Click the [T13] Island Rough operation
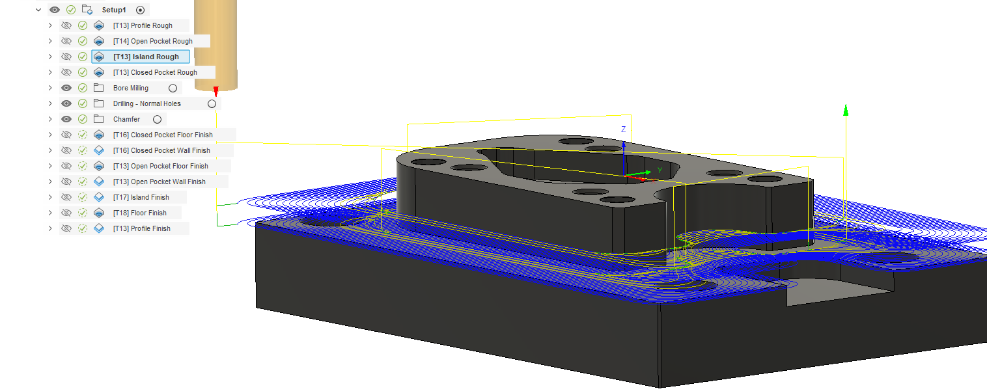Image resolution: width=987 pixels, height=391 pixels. click(x=146, y=57)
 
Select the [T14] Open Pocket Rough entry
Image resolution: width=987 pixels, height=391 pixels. click(x=153, y=41)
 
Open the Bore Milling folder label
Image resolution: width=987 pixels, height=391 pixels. click(x=131, y=88)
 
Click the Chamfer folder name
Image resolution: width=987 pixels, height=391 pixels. click(x=126, y=119)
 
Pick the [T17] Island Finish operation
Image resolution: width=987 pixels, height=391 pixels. click(x=141, y=197)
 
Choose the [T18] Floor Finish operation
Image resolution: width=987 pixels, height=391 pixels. click(x=140, y=213)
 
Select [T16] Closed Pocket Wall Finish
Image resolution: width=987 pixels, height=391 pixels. click(x=161, y=150)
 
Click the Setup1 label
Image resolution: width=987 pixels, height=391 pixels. click(x=114, y=10)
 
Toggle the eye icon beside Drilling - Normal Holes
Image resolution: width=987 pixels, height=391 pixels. click(x=66, y=103)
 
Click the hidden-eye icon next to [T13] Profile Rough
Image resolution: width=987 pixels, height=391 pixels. click(x=66, y=25)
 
